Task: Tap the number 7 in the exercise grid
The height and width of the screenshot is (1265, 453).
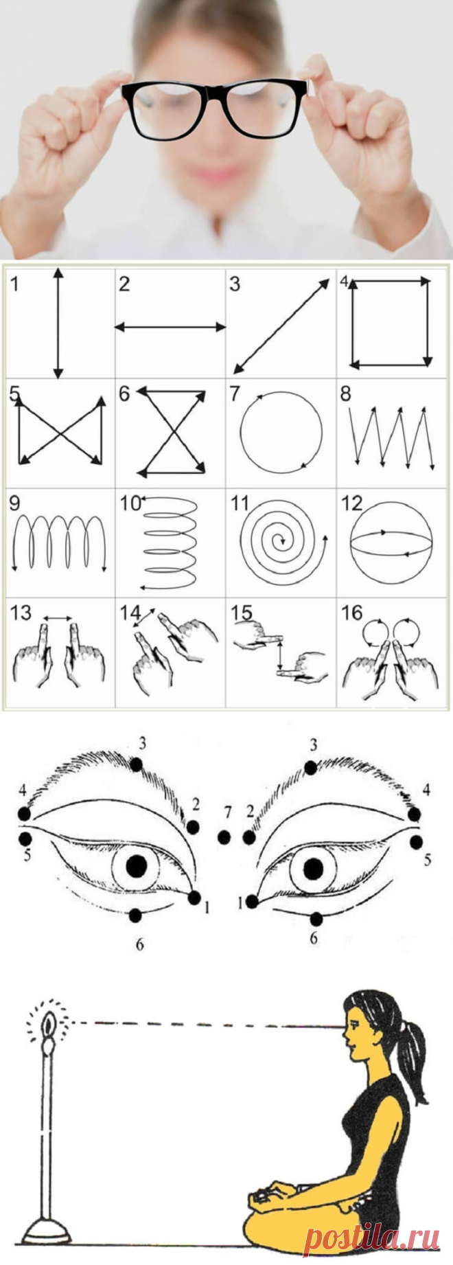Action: click(x=235, y=394)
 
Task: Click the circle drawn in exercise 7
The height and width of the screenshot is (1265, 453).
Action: click(x=281, y=432)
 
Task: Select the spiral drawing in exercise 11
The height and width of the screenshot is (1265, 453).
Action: click(x=281, y=543)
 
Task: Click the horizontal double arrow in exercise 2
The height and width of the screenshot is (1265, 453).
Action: click(x=170, y=328)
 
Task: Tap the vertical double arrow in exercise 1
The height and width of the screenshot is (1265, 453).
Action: click(x=58, y=323)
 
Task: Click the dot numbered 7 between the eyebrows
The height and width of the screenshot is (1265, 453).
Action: click(x=223, y=836)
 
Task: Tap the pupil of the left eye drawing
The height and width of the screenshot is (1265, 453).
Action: click(x=136, y=864)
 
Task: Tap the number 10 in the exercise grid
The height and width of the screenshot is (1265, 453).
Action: click(x=130, y=503)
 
